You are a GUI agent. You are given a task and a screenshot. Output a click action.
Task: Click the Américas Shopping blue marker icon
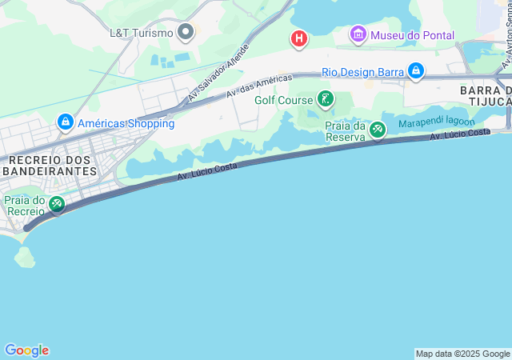click(65, 122)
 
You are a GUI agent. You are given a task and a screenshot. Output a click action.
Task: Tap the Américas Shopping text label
click(126, 123)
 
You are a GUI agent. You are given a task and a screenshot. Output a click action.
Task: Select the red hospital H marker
click(299, 38)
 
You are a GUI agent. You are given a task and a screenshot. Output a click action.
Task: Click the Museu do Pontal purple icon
click(358, 34)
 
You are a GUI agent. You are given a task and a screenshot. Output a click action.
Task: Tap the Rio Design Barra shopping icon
click(416, 71)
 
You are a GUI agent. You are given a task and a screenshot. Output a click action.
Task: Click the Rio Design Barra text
click(362, 72)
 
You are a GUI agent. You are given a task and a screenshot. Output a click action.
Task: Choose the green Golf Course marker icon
click(326, 99)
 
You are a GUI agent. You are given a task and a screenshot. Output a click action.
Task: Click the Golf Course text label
click(284, 100)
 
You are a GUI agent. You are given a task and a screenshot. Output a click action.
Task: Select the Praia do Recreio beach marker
click(57, 205)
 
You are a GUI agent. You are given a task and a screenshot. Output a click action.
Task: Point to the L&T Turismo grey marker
click(186, 33)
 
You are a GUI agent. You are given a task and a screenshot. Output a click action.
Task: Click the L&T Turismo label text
click(141, 33)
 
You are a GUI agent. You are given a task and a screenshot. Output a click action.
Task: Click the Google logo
click(26, 350)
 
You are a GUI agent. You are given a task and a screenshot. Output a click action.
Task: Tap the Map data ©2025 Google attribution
click(462, 354)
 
